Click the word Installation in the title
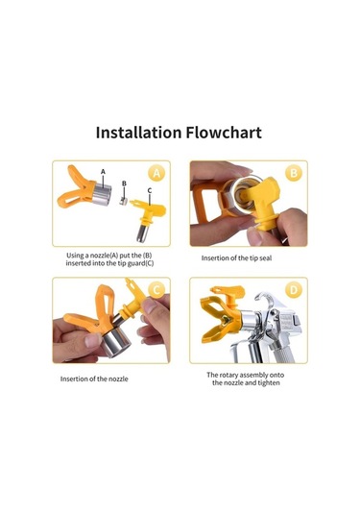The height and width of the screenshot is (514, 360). click(x=138, y=133)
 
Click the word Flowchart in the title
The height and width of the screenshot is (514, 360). click(x=224, y=133)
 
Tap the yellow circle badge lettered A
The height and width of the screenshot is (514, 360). click(x=156, y=173)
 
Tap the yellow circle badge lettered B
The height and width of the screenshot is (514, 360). click(x=294, y=173)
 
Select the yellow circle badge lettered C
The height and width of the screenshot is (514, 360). click(x=156, y=290)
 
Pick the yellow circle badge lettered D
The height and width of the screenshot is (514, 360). click(x=294, y=290)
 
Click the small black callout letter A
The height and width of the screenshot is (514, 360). click(x=103, y=171)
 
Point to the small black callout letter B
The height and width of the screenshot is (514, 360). click(x=124, y=184)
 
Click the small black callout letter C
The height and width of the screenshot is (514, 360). click(x=150, y=190)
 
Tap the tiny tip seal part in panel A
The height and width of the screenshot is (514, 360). click(x=123, y=201)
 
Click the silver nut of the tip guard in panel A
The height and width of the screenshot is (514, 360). click(x=102, y=193)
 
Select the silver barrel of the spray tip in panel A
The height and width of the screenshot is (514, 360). click(x=143, y=233)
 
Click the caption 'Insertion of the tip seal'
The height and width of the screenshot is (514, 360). click(x=236, y=258)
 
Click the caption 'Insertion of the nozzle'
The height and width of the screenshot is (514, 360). click(x=94, y=379)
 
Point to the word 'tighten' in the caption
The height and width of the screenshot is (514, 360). click(x=269, y=383)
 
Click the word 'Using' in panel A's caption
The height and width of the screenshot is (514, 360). click(x=75, y=256)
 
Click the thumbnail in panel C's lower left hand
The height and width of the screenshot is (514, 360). click(x=93, y=340)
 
